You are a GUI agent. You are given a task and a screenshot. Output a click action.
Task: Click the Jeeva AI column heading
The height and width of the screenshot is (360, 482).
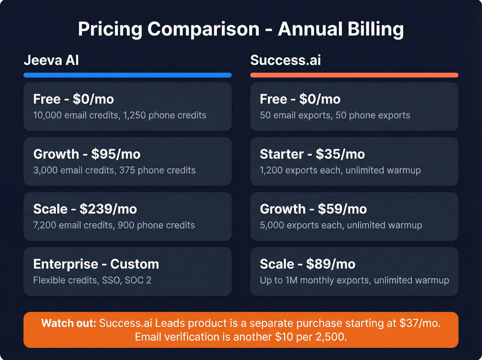point(51,60)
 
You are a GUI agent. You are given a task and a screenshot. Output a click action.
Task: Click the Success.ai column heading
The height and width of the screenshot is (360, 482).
point(285,60)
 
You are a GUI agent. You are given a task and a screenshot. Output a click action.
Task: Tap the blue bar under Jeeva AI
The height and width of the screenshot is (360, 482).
point(127,75)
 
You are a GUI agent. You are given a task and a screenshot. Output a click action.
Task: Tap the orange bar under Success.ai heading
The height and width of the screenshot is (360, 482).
point(354,75)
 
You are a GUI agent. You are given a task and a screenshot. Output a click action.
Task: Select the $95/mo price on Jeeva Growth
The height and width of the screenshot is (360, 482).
point(116,154)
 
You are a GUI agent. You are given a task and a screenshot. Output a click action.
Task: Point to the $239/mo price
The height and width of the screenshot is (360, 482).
point(108,209)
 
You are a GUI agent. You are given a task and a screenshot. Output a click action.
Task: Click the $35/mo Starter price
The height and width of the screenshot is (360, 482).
point(340,154)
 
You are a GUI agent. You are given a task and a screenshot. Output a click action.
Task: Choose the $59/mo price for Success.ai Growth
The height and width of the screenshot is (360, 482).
point(342,209)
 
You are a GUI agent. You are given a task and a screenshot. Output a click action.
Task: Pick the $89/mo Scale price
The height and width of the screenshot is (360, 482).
point(331,264)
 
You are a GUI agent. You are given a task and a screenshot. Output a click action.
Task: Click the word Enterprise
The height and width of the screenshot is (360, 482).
point(65,264)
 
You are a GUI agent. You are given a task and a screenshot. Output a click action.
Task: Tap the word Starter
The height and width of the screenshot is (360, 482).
point(282,154)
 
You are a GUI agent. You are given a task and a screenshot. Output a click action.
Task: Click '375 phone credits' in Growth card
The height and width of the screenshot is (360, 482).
point(157,171)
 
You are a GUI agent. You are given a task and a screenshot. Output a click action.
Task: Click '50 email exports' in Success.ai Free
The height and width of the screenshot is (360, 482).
point(295,115)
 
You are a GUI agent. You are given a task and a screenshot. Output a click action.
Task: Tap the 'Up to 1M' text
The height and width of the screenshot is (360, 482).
point(279,280)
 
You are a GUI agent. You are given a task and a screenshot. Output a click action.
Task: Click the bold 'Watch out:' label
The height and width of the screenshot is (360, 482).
point(69,323)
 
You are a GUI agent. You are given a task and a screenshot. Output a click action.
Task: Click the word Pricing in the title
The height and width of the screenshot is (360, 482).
point(110,29)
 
